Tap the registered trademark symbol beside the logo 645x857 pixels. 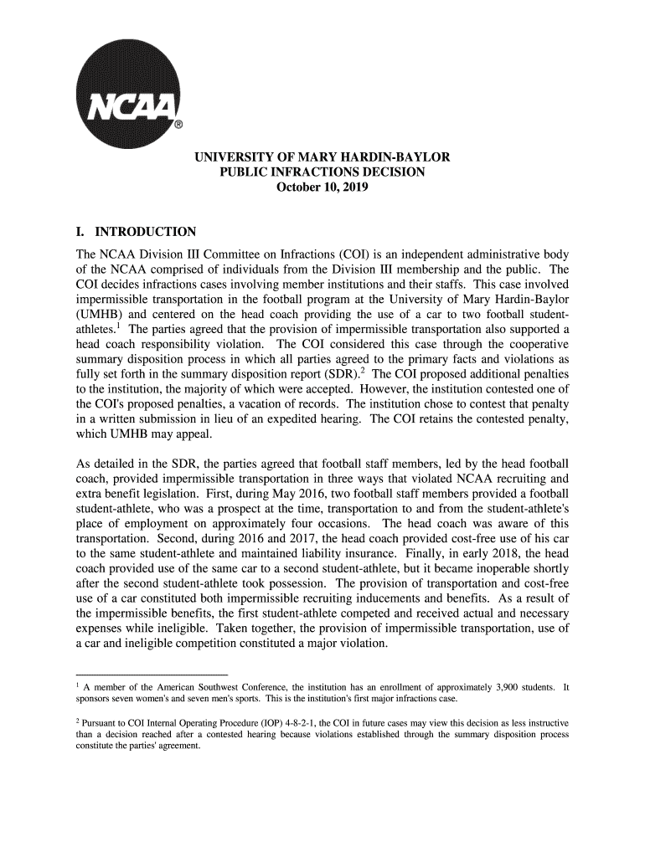[x=178, y=126]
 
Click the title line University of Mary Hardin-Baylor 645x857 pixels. [x=322, y=157]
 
